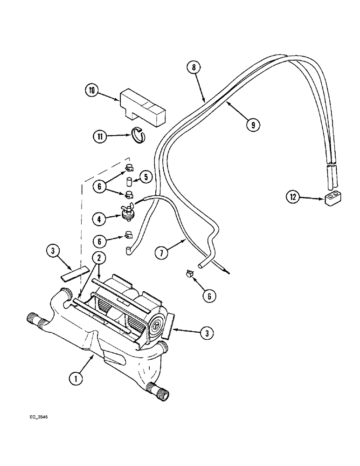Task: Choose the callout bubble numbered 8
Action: (x=194, y=67)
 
